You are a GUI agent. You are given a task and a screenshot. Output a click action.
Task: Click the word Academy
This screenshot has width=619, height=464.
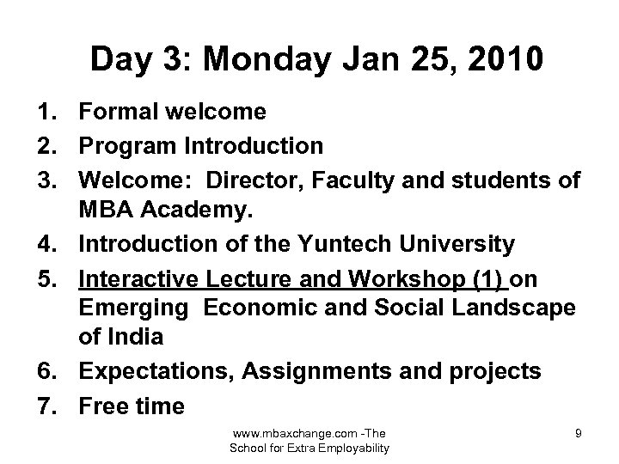click(210, 211)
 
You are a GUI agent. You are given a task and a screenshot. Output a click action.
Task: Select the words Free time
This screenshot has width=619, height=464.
click(131, 406)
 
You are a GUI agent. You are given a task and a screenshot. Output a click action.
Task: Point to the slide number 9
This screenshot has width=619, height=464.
click(578, 434)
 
